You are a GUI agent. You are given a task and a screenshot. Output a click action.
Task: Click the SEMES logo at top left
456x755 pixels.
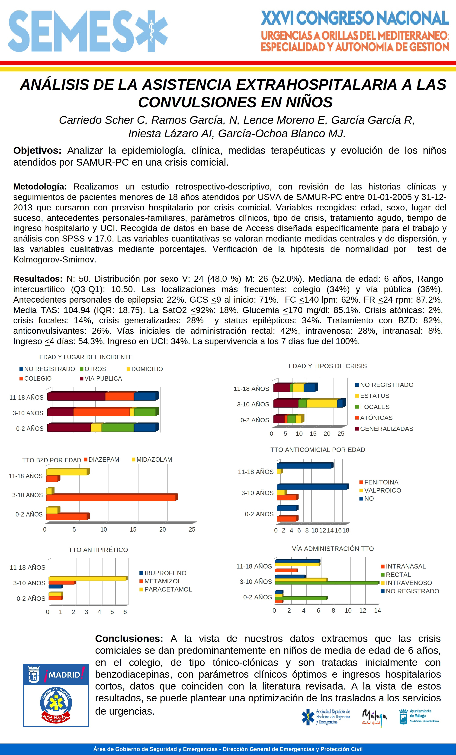tap(87, 31)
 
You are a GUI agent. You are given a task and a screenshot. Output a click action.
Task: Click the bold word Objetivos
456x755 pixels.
tap(37, 150)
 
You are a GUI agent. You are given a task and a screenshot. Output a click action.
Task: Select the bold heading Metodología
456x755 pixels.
tap(40, 187)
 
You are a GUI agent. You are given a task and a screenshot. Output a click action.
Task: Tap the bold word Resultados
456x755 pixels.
tap(38, 279)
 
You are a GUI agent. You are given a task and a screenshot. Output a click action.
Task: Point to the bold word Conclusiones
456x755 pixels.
tap(129, 639)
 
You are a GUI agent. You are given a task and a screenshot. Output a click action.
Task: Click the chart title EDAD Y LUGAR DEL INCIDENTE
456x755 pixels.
tap(86, 357)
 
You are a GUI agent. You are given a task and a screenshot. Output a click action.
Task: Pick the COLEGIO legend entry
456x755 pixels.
tap(38, 378)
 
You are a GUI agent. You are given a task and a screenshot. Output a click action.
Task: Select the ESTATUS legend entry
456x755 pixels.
tap(374, 395)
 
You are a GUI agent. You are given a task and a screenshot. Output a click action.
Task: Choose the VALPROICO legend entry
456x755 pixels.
tap(382, 490)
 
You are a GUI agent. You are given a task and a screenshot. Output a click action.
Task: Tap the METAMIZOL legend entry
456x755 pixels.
tap(162, 581)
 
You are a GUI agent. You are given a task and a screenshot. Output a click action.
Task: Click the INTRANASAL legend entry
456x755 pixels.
tap(405, 566)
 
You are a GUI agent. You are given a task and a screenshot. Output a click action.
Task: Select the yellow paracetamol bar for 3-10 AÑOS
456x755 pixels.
tap(87, 579)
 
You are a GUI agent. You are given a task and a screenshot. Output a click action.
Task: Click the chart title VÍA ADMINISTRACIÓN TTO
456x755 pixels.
tap(333, 549)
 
